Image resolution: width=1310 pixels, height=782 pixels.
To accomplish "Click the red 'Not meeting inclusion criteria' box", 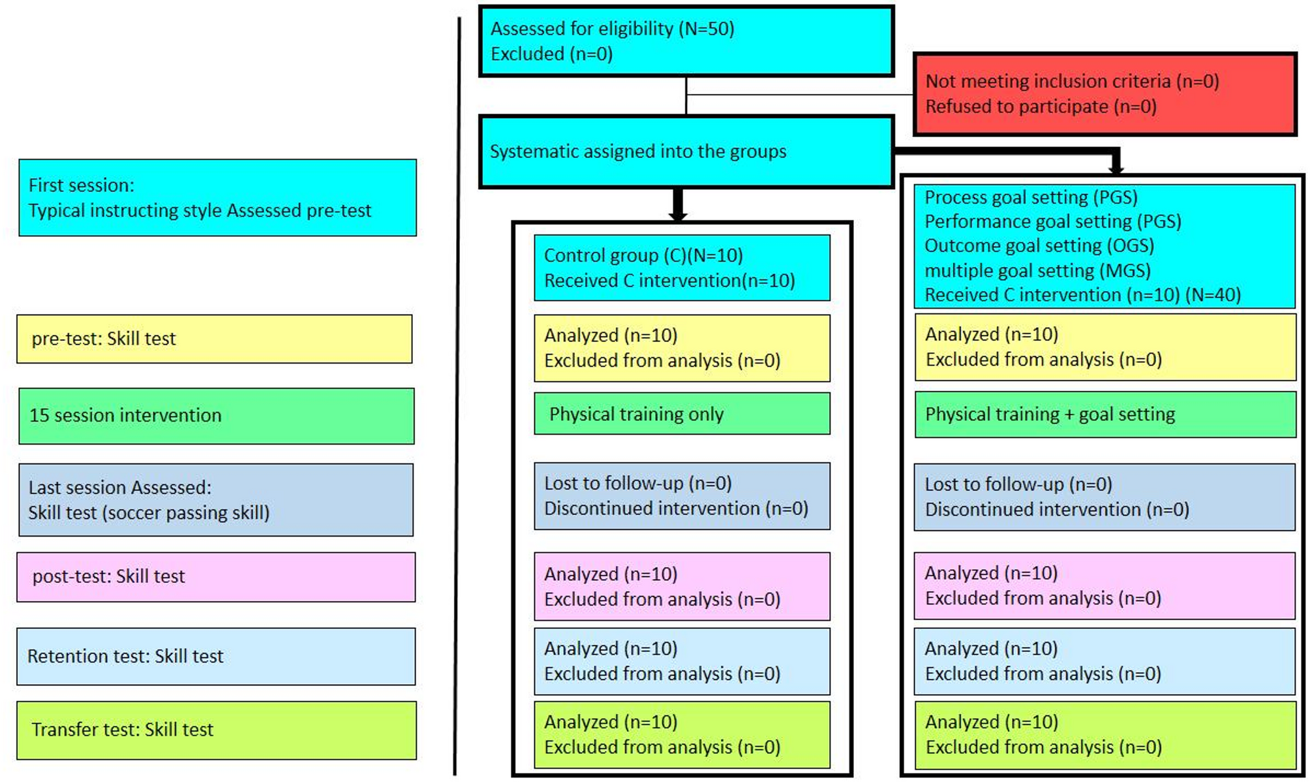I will [x=1104, y=94].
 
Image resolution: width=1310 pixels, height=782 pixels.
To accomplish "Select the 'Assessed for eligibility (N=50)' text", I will [x=612, y=29].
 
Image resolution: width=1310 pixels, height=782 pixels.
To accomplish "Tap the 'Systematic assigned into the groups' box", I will [x=685, y=151].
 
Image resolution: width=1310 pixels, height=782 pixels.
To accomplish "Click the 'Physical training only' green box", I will [x=681, y=414].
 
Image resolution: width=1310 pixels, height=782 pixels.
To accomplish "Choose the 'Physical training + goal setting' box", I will [x=1104, y=414].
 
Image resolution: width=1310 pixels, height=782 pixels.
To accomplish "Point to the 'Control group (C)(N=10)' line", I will [x=643, y=255].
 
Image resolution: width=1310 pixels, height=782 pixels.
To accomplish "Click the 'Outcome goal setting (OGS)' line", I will [x=1039, y=245].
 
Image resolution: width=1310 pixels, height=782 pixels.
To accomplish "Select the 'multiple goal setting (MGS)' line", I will [x=1037, y=270].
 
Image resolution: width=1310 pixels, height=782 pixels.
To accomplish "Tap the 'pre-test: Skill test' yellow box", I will [x=214, y=339].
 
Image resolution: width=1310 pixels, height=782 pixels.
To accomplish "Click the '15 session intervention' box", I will [x=215, y=416].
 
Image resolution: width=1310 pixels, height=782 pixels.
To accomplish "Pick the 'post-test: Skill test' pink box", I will [x=215, y=576].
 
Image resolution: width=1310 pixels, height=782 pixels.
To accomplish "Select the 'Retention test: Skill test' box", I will [x=215, y=656].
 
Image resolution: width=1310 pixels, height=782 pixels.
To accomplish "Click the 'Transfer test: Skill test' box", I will [x=215, y=730].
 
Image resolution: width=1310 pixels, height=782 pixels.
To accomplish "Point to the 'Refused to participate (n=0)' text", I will [x=1041, y=106].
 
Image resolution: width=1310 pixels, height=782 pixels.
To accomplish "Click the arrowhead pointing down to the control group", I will [x=678, y=215].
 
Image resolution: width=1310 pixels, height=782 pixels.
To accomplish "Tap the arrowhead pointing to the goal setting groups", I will [x=1116, y=168].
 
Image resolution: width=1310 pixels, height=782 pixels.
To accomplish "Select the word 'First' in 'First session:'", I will [x=49, y=185].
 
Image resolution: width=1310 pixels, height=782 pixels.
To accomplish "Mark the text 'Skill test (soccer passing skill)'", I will [x=149, y=513].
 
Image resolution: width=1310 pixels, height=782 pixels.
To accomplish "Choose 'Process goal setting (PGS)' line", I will [x=1031, y=197].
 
